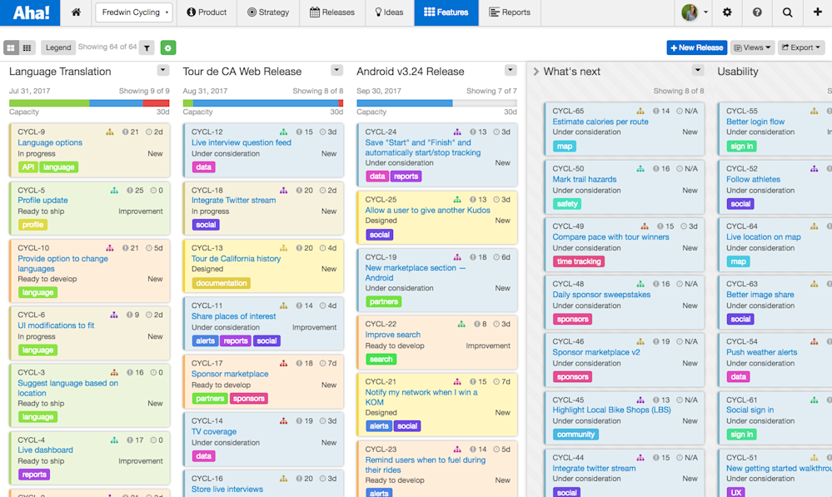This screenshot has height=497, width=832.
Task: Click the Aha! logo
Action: [x=31, y=12]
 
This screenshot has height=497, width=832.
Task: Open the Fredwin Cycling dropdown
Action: [x=133, y=12]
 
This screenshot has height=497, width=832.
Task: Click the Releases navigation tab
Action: [x=331, y=12]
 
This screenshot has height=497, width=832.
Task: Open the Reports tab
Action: [x=510, y=12]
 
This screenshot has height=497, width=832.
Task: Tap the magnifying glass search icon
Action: [x=788, y=12]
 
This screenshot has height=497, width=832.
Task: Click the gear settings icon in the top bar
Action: [x=728, y=12]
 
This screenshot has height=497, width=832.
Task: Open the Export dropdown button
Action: [x=800, y=47]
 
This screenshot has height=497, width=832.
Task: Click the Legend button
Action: [x=58, y=47]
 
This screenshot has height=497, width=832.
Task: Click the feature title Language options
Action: [x=50, y=142]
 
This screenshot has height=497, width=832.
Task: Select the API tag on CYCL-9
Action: [x=28, y=167]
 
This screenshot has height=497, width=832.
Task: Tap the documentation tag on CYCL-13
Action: [x=222, y=283]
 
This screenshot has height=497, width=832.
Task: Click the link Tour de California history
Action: [x=236, y=258]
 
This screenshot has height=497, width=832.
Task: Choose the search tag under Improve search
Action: [x=381, y=360]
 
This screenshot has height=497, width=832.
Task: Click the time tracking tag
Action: [x=579, y=261]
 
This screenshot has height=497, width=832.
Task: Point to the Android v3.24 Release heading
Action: [x=410, y=72]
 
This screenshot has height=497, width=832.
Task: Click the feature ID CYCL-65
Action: [x=568, y=111]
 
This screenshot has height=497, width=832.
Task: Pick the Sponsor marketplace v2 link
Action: [x=596, y=352]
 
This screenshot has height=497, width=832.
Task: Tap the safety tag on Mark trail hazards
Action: [x=567, y=204]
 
